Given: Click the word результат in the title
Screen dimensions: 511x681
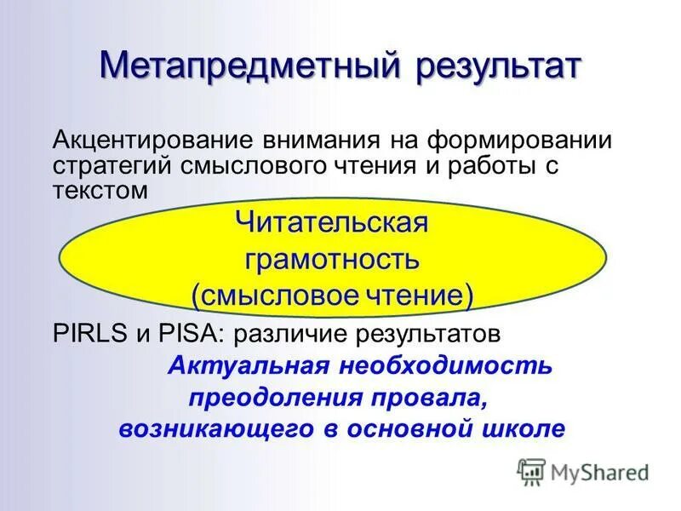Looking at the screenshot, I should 498,67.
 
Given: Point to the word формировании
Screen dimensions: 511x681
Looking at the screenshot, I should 516,139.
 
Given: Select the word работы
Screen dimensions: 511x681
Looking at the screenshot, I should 484,165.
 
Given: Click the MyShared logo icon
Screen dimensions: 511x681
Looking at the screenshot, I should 531,470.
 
